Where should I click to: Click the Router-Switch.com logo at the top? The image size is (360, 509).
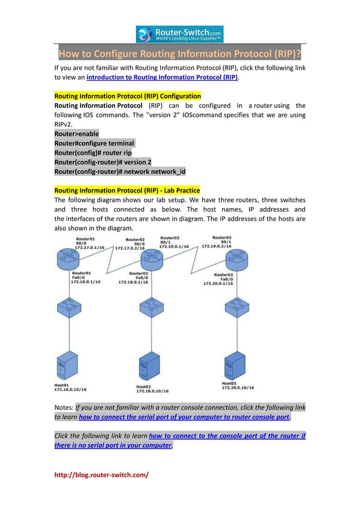(x=179, y=34)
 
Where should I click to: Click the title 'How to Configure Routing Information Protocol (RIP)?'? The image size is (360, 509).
(x=180, y=54)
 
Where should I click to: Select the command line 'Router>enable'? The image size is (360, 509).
(x=76, y=134)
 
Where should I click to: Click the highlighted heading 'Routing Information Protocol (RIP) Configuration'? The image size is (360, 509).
(x=127, y=96)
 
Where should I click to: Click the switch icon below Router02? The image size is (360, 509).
(x=151, y=308)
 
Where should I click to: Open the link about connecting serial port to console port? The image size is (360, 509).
(x=184, y=418)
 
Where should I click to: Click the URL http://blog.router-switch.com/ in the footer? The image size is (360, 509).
(x=101, y=475)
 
